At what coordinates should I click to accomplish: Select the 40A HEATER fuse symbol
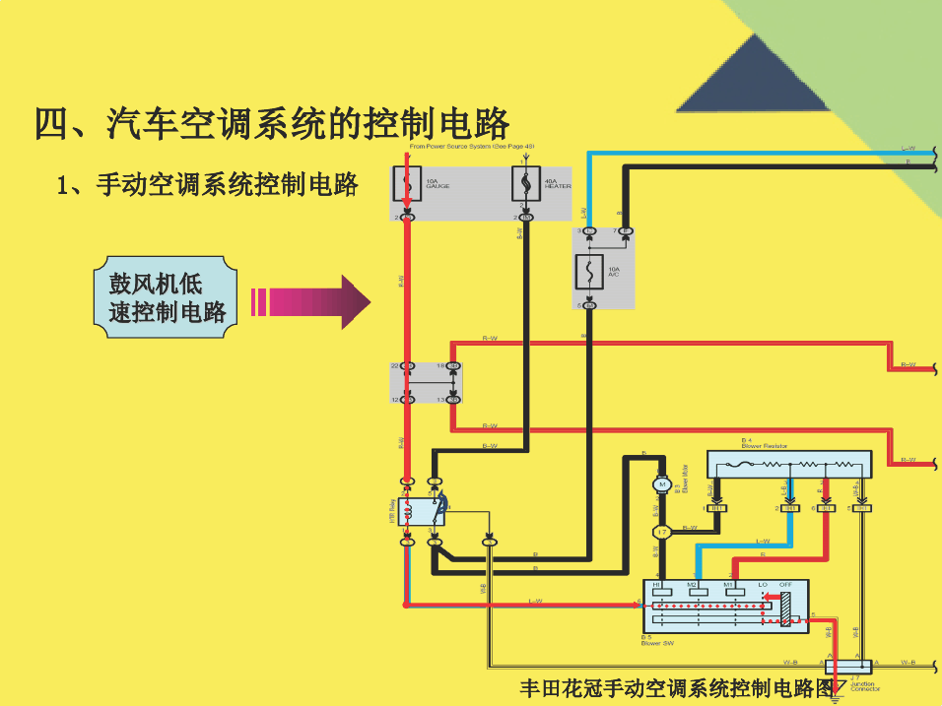(525, 183)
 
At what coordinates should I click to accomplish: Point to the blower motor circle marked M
(662, 484)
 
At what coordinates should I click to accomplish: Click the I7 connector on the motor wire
(662, 532)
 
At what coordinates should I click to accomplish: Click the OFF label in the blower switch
(785, 585)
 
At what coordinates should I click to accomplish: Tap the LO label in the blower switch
(762, 585)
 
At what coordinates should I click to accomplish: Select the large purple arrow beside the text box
(309, 301)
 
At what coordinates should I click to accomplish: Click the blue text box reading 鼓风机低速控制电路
(167, 298)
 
